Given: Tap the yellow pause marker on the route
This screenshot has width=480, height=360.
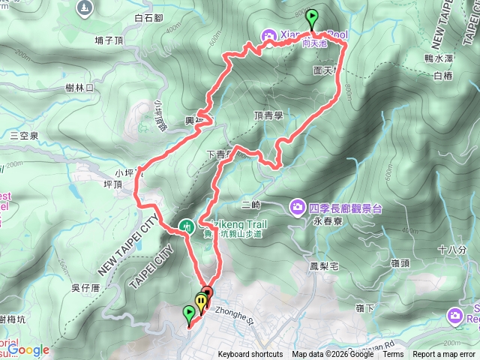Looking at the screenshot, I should (200, 301).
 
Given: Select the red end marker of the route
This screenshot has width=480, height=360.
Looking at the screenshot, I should (207, 293).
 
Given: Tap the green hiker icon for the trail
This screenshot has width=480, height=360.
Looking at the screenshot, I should (187, 225).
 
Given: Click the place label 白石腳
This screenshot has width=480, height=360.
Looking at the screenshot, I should (149, 17).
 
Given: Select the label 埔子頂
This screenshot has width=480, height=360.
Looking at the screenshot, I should (109, 40).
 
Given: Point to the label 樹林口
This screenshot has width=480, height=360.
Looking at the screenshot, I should (79, 88).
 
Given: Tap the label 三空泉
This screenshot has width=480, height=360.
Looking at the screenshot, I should (24, 136).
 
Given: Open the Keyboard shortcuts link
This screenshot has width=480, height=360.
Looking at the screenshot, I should (250, 355).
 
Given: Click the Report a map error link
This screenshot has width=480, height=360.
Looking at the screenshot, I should (445, 355).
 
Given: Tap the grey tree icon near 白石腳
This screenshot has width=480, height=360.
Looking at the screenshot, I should (85, 8).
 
